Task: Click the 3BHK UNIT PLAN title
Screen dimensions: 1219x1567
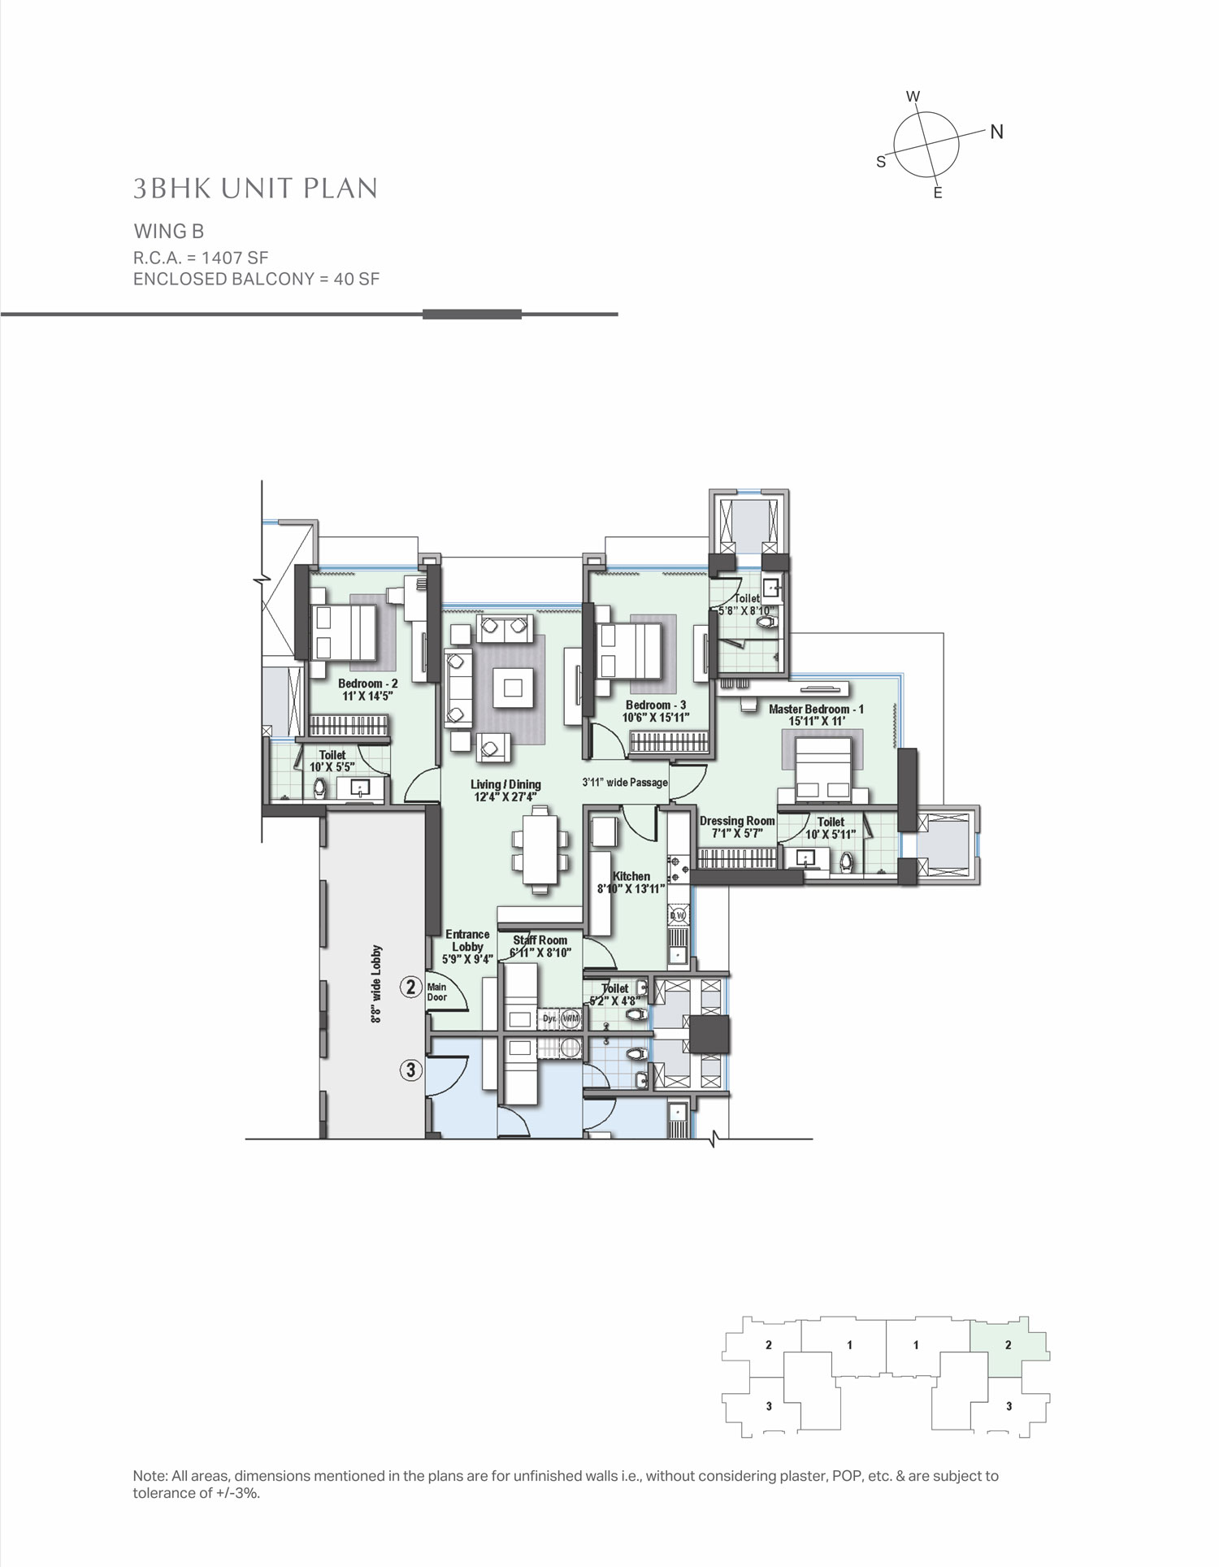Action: pos(255,189)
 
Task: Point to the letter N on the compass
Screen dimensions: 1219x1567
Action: pos(996,132)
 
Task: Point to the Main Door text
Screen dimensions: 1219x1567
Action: pos(437,992)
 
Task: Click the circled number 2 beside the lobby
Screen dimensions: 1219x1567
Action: pos(411,988)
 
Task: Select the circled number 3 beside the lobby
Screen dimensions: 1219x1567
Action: pos(411,1070)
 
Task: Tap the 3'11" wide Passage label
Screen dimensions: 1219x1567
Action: pos(625,783)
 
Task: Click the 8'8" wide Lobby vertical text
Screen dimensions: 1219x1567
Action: pos(376,984)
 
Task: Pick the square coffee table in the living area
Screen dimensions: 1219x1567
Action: pos(512,688)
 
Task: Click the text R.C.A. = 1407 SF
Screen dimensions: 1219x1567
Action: pos(201,258)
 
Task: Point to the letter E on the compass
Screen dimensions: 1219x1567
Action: pos(938,193)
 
